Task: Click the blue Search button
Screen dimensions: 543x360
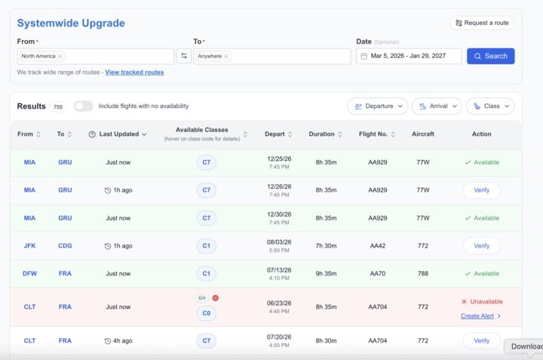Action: tap(490, 56)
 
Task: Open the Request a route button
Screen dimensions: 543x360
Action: tap(482, 23)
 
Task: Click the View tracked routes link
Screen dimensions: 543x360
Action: tap(134, 72)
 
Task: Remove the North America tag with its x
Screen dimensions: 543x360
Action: tap(60, 56)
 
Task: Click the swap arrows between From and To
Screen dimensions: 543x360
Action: tap(184, 56)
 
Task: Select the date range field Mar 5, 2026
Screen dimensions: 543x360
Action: tap(409, 56)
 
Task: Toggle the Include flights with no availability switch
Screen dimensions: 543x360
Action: tap(84, 106)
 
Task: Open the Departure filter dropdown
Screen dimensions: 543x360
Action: tap(378, 106)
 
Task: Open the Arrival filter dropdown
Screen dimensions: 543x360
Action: tap(437, 106)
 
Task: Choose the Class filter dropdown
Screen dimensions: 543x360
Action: tap(490, 106)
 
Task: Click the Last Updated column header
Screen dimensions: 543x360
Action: tap(118, 134)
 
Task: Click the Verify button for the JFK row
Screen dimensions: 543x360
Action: tap(481, 245)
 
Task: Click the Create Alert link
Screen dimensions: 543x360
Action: tap(477, 316)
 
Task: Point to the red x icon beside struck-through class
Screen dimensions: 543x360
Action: tap(216, 298)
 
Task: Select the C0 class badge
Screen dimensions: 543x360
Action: tap(207, 313)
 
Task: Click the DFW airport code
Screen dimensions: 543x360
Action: tap(29, 273)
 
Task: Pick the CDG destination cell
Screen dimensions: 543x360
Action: tap(65, 245)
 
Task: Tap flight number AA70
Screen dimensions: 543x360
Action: tap(378, 273)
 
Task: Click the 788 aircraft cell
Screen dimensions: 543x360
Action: tap(423, 273)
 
